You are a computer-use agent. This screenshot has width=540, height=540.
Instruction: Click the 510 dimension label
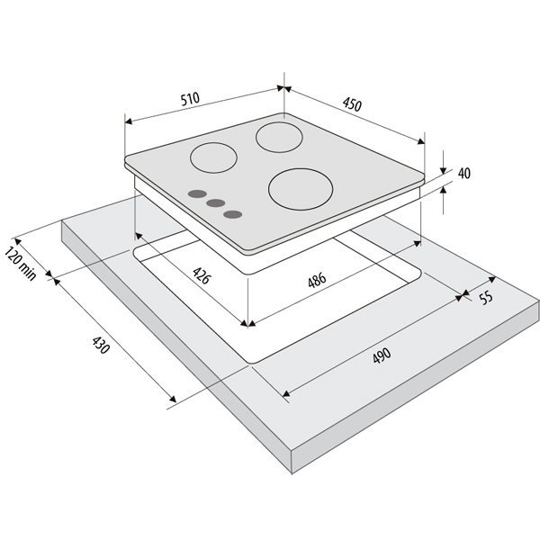click(190, 98)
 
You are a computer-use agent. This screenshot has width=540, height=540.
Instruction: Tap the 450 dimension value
click(352, 104)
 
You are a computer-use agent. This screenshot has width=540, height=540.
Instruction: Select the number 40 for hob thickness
click(463, 173)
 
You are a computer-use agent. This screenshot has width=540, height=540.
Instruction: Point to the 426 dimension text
click(201, 275)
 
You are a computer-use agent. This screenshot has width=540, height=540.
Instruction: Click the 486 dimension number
click(317, 280)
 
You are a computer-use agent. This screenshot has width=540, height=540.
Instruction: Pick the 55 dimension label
click(486, 298)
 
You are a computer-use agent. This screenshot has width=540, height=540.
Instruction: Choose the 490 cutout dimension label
click(382, 355)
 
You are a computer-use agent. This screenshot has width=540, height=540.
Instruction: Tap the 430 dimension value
click(101, 345)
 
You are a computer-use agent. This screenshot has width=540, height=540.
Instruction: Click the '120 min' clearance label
click(21, 264)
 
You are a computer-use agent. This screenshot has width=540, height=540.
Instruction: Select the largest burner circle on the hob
click(301, 189)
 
